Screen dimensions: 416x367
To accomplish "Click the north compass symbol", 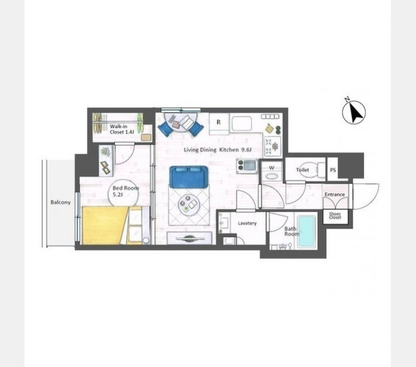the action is [354, 112].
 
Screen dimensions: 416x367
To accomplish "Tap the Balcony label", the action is [61, 202].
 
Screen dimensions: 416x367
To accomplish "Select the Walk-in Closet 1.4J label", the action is [122, 129].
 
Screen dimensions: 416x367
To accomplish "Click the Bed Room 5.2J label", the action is [125, 191].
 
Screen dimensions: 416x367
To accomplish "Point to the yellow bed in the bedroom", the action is [105, 225].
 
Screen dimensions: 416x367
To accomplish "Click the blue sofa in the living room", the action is [188, 177].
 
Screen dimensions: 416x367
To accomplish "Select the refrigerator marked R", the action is [219, 124].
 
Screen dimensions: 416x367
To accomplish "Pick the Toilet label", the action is [302, 169].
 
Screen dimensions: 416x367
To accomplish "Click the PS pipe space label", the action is [333, 170].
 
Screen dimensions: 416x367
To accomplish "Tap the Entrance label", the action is [335, 195].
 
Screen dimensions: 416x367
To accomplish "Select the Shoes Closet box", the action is [335, 217].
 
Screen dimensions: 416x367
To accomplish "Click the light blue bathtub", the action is [306, 232].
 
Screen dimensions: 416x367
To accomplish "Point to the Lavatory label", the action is [247, 223].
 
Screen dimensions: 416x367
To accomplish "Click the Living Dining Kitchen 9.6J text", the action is [218, 150].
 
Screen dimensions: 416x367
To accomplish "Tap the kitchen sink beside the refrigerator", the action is [241, 124].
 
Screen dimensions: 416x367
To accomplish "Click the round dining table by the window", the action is [180, 122].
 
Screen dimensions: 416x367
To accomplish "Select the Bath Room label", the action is [292, 231].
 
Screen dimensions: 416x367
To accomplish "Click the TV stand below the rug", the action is [190, 238].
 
